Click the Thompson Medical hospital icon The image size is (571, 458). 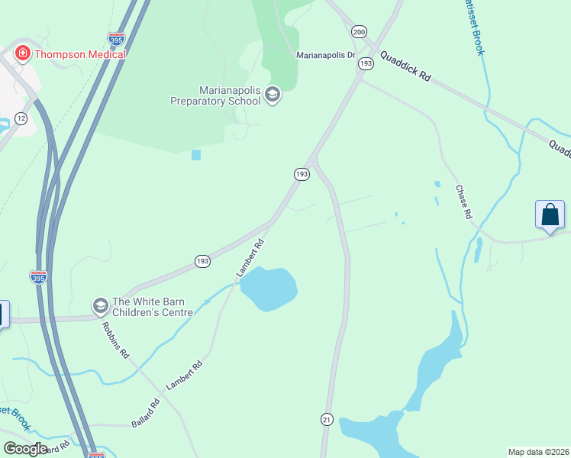tap(23, 53)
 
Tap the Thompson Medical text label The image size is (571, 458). tap(78, 54)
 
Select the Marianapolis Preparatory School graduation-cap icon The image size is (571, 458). tap(273, 95)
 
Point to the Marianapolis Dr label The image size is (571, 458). tap(326, 55)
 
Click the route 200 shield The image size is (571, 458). tap(359, 31)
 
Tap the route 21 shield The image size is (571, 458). tap(327, 419)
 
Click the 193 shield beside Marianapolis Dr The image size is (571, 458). tap(366, 64)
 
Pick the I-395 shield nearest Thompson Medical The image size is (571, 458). tap(116, 38)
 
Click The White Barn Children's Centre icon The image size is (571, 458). tap(99, 306)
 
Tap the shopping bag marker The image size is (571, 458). tap(550, 214)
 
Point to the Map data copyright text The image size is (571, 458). tap(539, 451)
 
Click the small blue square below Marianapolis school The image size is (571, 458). tap(196, 155)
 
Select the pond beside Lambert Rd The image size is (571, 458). tap(269, 289)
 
